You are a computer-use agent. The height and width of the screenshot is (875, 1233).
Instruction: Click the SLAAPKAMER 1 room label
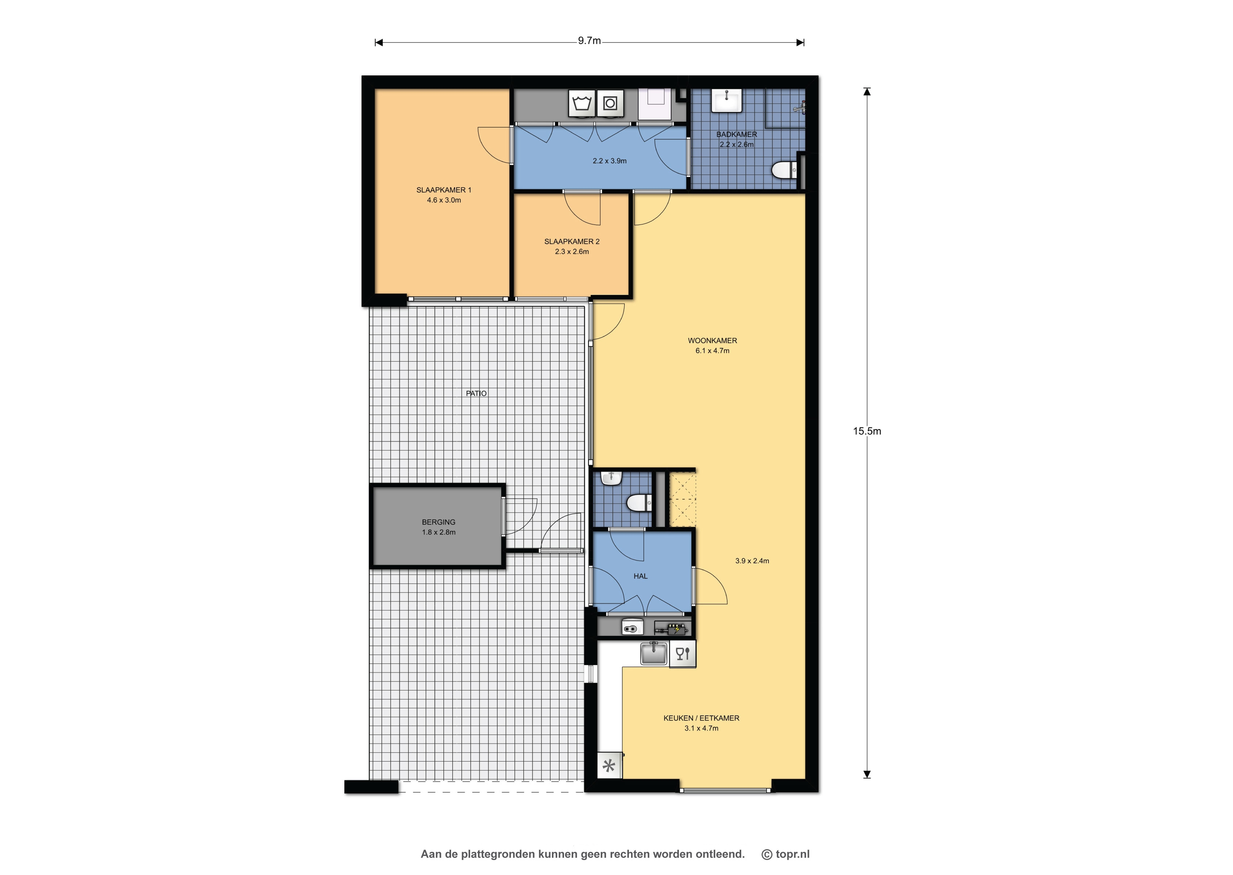[444, 190]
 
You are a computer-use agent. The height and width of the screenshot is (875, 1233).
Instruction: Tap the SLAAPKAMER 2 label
[572, 241]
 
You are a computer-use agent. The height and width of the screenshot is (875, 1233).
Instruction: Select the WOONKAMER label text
[712, 341]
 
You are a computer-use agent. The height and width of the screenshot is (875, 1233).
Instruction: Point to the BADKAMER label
[737, 134]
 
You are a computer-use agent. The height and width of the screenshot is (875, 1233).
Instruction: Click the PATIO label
[476, 393]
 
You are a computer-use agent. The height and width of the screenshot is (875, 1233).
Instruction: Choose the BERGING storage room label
[438, 522]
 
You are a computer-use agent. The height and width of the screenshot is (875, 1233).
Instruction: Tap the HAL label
[640, 576]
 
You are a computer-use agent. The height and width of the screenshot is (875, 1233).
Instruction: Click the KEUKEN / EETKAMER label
[701, 718]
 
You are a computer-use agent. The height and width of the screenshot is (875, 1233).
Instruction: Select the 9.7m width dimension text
[589, 40]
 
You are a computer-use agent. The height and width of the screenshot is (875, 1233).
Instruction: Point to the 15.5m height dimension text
[867, 431]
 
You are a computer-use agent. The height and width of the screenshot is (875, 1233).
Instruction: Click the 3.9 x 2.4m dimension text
[752, 561]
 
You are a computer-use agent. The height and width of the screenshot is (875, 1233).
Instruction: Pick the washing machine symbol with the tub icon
[582, 103]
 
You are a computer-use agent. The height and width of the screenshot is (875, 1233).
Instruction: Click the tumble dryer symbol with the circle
[610, 103]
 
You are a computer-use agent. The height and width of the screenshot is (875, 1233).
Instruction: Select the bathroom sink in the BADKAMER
[727, 101]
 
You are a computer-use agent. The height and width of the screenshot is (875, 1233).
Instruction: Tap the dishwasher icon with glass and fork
[683, 654]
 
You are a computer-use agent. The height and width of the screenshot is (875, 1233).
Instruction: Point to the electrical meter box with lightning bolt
[673, 628]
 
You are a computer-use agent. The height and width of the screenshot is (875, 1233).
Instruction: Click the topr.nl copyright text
[786, 854]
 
